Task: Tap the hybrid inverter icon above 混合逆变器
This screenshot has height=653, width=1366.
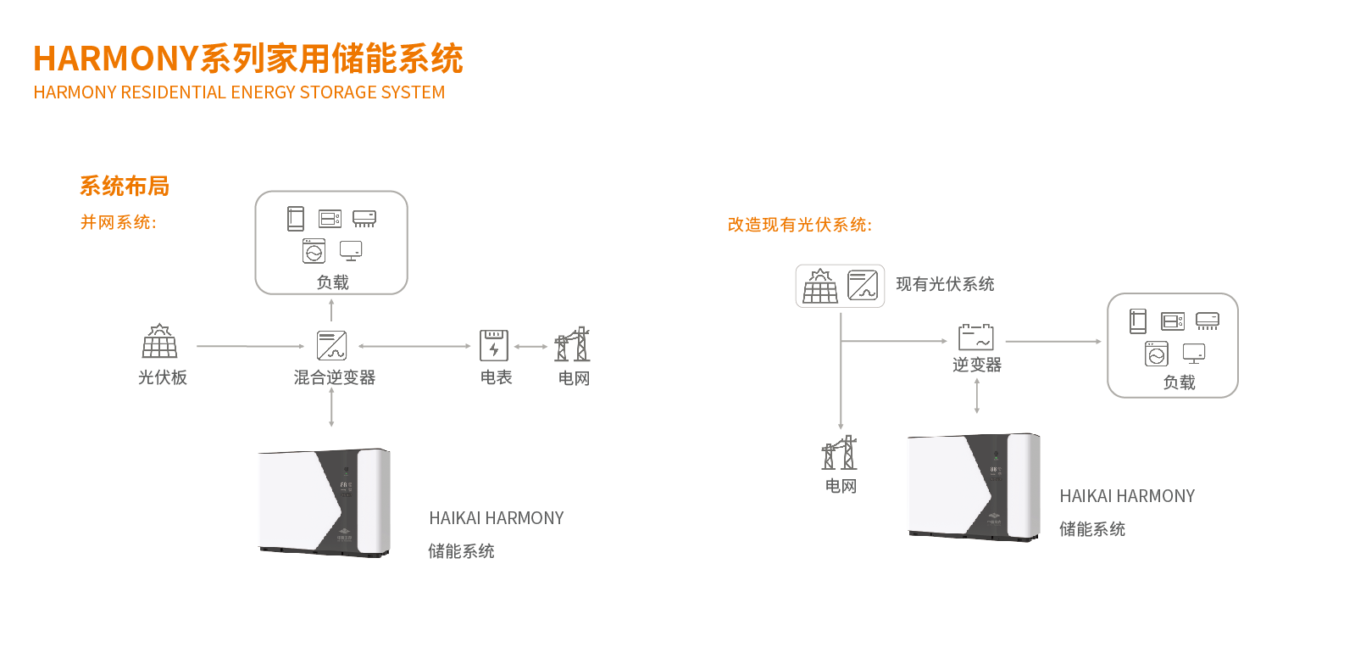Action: tap(331, 345)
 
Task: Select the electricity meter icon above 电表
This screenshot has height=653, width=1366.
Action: tap(494, 345)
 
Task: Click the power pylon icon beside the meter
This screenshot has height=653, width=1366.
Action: tap(573, 344)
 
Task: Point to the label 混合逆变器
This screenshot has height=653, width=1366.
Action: tap(335, 377)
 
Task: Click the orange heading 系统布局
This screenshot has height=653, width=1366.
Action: tap(125, 186)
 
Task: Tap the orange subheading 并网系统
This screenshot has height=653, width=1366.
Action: tap(119, 222)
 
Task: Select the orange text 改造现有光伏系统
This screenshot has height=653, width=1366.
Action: tap(799, 225)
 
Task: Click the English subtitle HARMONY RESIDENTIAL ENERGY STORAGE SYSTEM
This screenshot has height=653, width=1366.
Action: tap(239, 92)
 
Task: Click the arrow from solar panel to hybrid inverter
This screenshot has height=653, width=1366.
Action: tap(250, 346)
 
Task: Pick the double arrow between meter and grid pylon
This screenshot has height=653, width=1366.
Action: tap(531, 346)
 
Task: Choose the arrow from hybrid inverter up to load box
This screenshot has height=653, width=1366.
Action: tap(331, 310)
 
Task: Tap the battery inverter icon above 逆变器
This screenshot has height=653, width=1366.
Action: tap(976, 337)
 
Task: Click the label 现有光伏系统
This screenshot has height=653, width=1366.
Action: tap(945, 284)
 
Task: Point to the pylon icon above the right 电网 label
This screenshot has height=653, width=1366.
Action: tap(840, 453)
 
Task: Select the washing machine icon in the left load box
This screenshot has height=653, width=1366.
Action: tap(314, 251)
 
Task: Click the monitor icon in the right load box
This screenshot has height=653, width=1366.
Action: tap(1194, 353)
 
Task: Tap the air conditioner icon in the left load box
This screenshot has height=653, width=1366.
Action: tap(364, 219)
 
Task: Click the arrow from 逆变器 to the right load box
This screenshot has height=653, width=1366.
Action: tap(1053, 342)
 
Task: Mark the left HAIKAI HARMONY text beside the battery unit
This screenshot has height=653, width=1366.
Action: tap(497, 518)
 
